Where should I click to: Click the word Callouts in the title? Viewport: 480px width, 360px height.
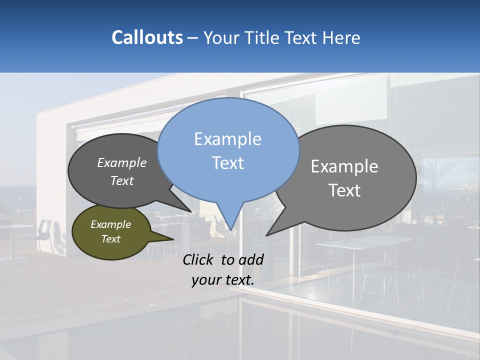coord(147,38)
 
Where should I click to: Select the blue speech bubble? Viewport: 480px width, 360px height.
coord(228,150)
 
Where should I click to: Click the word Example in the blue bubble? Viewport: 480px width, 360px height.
coord(228,139)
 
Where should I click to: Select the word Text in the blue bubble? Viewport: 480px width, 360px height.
coord(228,163)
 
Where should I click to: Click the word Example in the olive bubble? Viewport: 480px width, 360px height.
coord(111,224)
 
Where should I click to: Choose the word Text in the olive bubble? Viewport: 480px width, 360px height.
coord(111,239)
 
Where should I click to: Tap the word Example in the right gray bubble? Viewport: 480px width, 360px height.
coord(344,166)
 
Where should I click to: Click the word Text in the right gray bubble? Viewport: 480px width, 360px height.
coord(344,190)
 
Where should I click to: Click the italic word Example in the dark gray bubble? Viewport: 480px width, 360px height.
coord(122,163)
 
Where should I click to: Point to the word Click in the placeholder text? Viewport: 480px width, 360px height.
coord(198,259)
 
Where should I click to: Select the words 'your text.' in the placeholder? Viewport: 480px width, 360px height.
coord(223,280)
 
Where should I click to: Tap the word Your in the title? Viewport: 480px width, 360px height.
coord(220,38)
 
